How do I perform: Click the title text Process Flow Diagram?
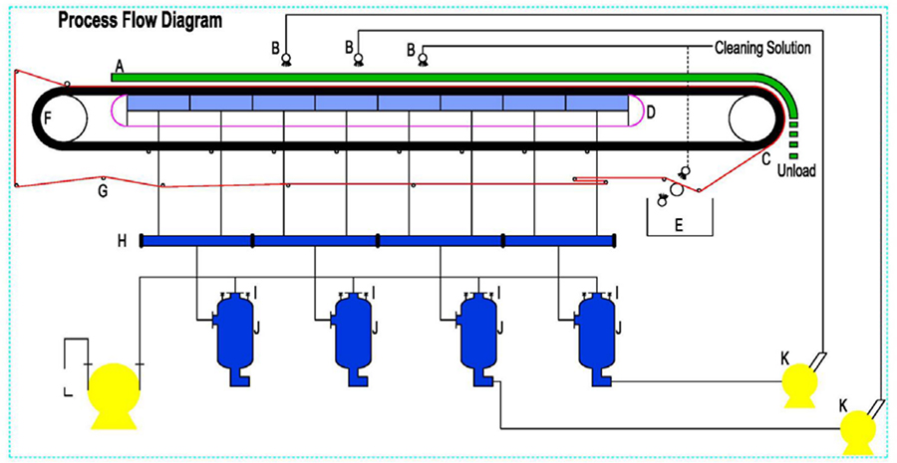(141, 20)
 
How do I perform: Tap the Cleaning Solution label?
(762, 48)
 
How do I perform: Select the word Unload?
(797, 170)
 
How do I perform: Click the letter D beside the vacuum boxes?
(650, 113)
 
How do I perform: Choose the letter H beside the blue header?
(121, 240)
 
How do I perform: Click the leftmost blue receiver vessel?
(236, 334)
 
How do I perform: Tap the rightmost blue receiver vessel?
(598, 334)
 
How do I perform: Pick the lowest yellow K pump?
(857, 430)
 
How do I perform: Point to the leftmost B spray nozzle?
(286, 60)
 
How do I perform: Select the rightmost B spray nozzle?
(422, 60)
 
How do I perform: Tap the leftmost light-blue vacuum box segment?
(158, 104)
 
